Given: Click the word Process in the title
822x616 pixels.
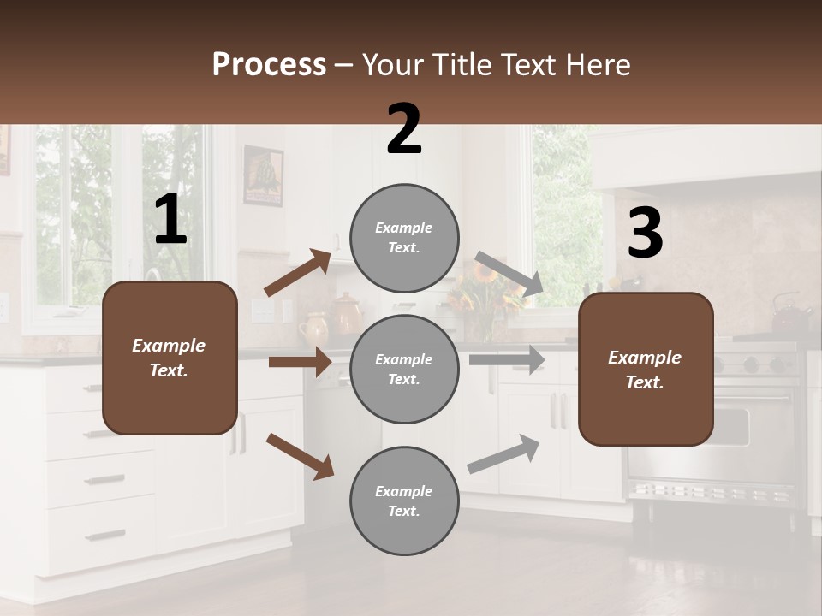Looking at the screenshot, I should tap(269, 65).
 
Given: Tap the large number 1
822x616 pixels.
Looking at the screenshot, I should tap(170, 220).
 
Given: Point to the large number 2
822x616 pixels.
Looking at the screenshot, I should tap(404, 130).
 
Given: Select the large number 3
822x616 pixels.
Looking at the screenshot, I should tap(645, 234).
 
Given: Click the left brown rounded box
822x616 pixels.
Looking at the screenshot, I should tap(170, 358).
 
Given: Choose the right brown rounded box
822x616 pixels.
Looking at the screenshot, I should tap(646, 370).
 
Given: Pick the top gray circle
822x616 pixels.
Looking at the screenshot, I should tap(404, 238).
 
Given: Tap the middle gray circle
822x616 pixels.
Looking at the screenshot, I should tap(404, 370).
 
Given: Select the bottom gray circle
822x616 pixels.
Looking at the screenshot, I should tap(404, 501).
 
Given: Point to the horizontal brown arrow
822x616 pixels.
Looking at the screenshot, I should tap(300, 362).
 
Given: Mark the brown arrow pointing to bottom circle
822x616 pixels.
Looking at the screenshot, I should tap(300, 455).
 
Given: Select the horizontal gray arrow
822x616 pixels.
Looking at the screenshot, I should tap(507, 359).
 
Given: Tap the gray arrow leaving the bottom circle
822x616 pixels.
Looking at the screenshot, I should tap(503, 454).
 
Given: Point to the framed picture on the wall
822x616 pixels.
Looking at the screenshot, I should tap(263, 175).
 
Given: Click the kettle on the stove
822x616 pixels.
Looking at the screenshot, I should tap(789, 315).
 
